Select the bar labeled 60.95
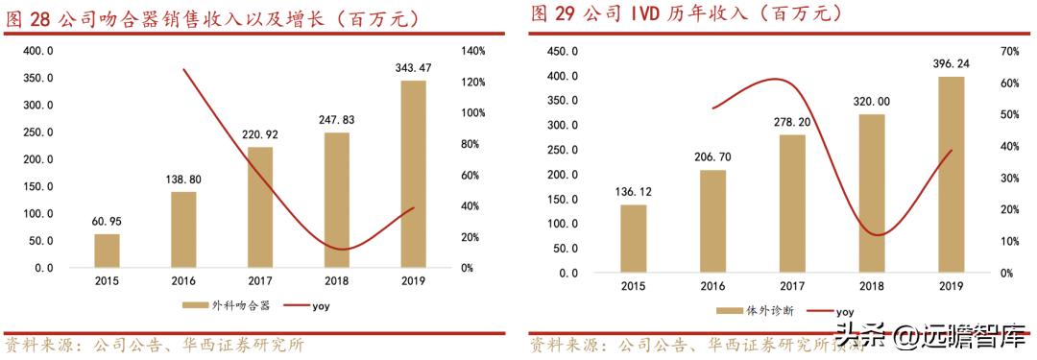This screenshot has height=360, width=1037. (x=107, y=252)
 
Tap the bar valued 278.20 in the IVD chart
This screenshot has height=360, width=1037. (x=792, y=204)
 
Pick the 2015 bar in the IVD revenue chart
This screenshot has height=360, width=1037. (x=633, y=238)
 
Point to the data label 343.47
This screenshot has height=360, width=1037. (x=413, y=68)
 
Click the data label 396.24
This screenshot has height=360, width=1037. (x=951, y=64)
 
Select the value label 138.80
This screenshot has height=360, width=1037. (x=183, y=180)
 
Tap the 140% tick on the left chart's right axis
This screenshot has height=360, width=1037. (x=473, y=50)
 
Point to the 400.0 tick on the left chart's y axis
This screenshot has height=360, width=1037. (x=38, y=50)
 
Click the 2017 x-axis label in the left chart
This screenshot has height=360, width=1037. (x=259, y=283)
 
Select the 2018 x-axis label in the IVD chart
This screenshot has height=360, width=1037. (x=872, y=287)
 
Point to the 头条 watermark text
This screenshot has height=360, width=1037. (x=856, y=337)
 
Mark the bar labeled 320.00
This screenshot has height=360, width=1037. (x=871, y=193)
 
